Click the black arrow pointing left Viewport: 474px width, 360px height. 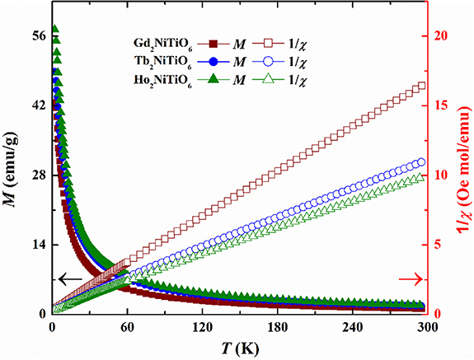(x=71, y=279)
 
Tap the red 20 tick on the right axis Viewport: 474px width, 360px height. (x=447, y=36)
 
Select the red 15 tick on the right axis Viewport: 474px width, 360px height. (x=447, y=105)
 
